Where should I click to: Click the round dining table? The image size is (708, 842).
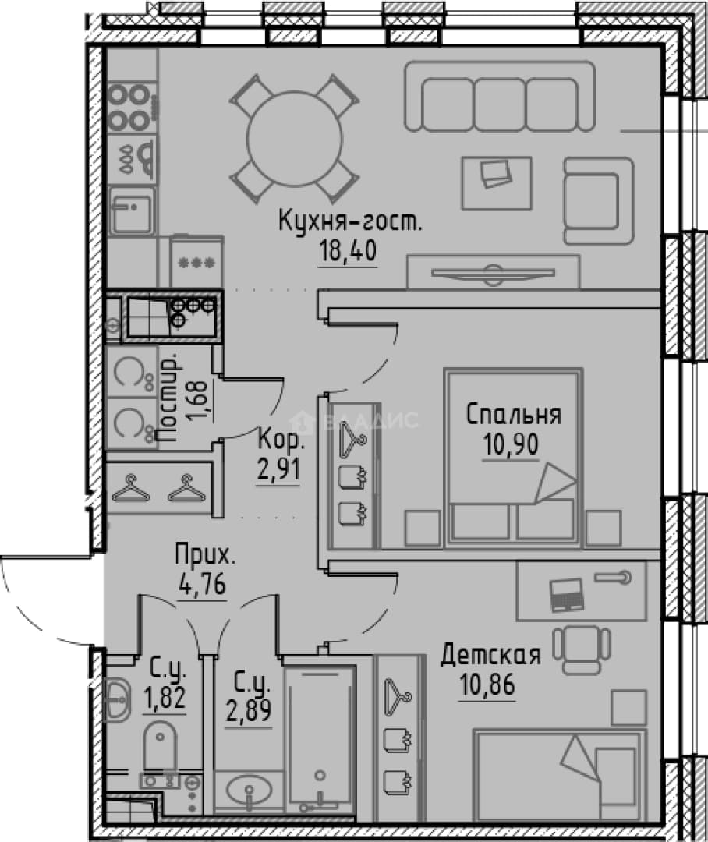[x=295, y=140]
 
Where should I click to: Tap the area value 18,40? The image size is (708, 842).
[x=348, y=250]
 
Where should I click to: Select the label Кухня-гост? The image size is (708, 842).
[x=350, y=221]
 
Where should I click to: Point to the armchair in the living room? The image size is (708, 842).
[x=598, y=200]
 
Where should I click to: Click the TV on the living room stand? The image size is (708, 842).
[x=493, y=272]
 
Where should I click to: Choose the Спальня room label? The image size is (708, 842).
[x=513, y=415]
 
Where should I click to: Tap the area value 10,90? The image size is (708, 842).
[x=511, y=444]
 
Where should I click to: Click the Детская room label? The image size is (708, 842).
[x=491, y=655]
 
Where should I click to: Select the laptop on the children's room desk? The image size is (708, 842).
[x=567, y=594]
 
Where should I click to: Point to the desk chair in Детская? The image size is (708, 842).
[x=582, y=649]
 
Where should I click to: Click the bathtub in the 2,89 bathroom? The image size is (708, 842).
[x=320, y=741]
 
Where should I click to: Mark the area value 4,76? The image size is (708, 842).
[x=202, y=584]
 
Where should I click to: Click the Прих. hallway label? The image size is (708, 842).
[x=205, y=555]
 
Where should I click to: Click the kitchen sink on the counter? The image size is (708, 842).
[x=131, y=210]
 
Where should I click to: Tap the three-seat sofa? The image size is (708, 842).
[x=500, y=97]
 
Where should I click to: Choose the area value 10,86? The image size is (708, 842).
[x=487, y=685]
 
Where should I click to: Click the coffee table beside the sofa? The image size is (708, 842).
[x=497, y=183]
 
